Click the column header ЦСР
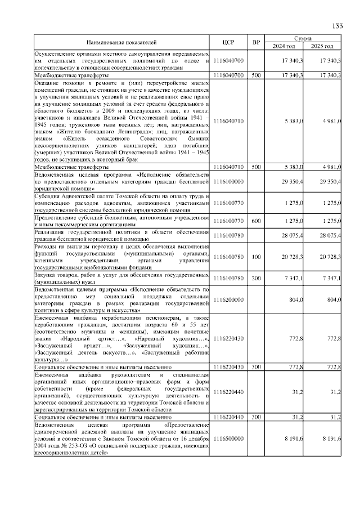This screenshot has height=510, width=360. click(x=228, y=42)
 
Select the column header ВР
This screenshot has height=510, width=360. click(x=256, y=42)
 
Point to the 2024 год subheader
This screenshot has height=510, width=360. click(x=284, y=46)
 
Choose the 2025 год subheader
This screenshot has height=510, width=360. click(x=323, y=46)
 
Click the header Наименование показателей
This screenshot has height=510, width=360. click(x=121, y=42)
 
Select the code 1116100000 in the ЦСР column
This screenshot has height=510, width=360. click(x=228, y=182)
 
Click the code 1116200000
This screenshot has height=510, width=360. click(x=228, y=301)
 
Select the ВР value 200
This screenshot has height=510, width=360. click(x=256, y=278)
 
